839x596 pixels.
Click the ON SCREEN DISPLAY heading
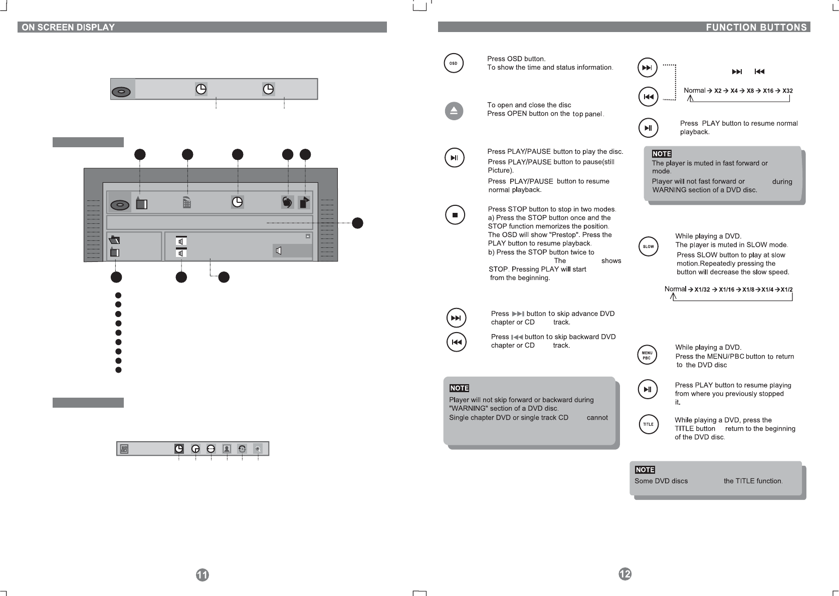(68, 28)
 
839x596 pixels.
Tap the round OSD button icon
(454, 64)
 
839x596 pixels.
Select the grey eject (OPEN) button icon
(454, 111)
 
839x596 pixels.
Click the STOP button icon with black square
(455, 215)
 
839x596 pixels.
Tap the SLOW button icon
(648, 246)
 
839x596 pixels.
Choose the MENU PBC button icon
(647, 355)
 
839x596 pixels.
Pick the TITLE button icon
(648, 424)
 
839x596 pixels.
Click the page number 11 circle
(202, 575)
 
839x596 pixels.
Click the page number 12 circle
(624, 574)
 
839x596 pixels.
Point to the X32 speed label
(787, 91)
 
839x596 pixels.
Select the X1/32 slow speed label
(702, 289)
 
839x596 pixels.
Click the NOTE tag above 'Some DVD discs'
(645, 470)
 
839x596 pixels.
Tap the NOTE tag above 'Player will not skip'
(459, 388)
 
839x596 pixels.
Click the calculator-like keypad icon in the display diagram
(187, 202)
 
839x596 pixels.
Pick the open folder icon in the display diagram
(115, 240)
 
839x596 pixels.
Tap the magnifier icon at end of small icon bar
(258, 449)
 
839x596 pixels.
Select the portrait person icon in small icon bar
(227, 449)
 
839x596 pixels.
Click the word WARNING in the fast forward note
(670, 190)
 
